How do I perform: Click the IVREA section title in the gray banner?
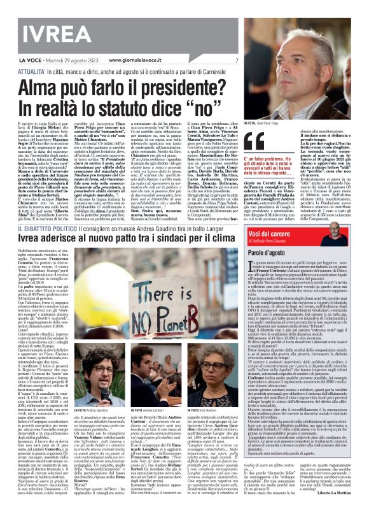pyautogui.click(x=38, y=25)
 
